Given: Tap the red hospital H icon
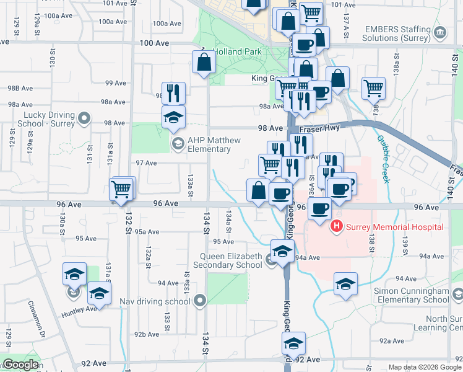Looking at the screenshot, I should pos(337,226).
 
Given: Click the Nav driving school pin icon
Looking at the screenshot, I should pos(199,301).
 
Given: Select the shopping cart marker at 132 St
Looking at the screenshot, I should pos(121,188).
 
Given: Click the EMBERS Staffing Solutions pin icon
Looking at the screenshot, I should pos(439,32).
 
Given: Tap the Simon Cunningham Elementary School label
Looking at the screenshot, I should pos(410,295).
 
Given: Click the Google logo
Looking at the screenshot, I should pos(20,365).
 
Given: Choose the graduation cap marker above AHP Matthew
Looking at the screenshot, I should pos(174,117).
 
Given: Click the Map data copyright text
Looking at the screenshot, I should pos(424,367).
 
